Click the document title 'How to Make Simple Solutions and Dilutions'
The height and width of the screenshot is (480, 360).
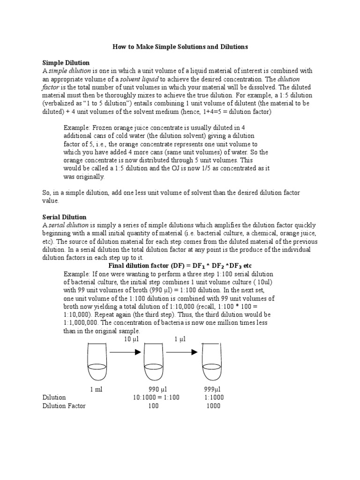point(180,47)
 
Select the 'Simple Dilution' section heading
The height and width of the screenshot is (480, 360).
point(66,62)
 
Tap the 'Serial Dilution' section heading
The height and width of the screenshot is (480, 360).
point(64,217)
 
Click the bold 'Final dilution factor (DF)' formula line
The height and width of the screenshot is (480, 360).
point(180,265)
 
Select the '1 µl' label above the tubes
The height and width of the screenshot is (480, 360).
point(180,339)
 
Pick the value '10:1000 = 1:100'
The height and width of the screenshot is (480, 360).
point(156,397)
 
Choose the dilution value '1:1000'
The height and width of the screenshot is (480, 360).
point(214,397)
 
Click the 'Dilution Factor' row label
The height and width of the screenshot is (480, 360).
point(64,406)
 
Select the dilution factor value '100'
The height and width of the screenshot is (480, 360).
point(153,406)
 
